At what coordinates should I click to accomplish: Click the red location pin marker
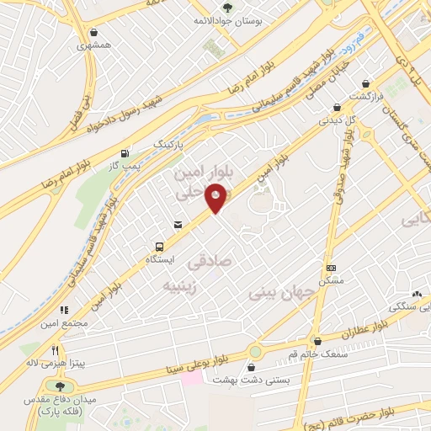point(217,198)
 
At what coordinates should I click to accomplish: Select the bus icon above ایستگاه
point(158,247)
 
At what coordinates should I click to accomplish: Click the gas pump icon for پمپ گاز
point(125,153)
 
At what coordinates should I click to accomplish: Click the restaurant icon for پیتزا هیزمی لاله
point(56,349)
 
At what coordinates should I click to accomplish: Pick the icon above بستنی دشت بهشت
point(252,366)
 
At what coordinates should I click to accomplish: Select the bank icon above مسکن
point(330,267)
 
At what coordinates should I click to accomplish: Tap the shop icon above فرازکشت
point(365,84)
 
